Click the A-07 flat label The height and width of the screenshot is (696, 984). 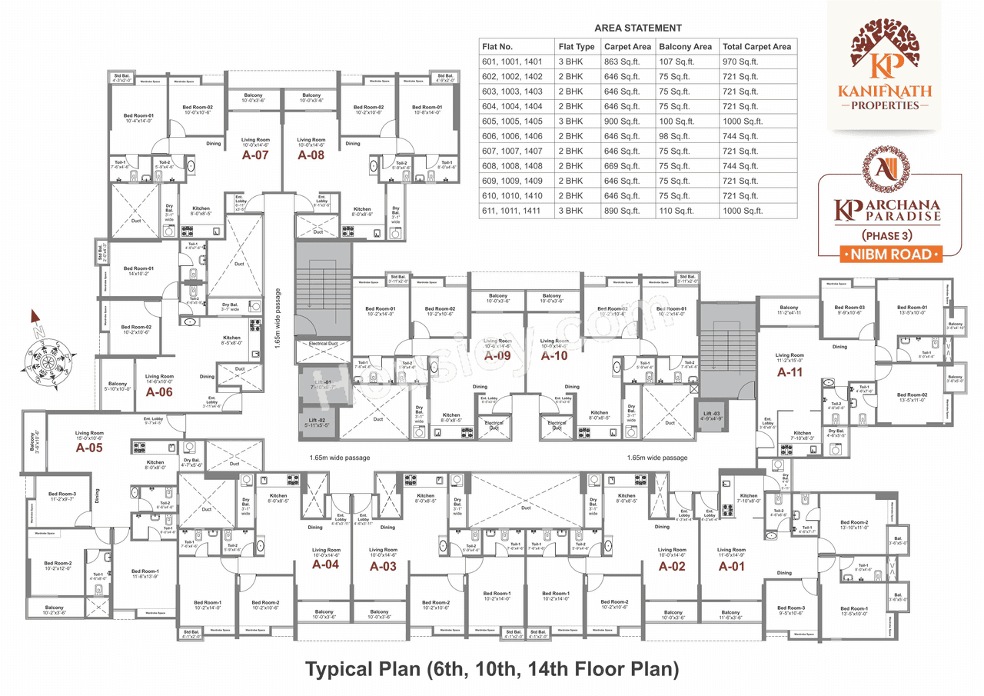[255, 155]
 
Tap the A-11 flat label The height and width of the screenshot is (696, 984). [790, 371]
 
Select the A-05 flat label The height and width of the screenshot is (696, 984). [89, 447]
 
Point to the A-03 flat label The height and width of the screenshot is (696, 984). [383, 567]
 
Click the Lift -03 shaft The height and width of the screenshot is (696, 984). [710, 416]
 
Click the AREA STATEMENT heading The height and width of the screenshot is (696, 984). [638, 28]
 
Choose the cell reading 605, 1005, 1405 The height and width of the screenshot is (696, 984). [512, 122]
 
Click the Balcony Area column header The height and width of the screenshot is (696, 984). [685, 47]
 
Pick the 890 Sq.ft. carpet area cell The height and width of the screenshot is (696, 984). [621, 211]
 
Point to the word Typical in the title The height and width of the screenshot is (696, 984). [346, 669]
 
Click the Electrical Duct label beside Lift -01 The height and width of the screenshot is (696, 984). [323, 344]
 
